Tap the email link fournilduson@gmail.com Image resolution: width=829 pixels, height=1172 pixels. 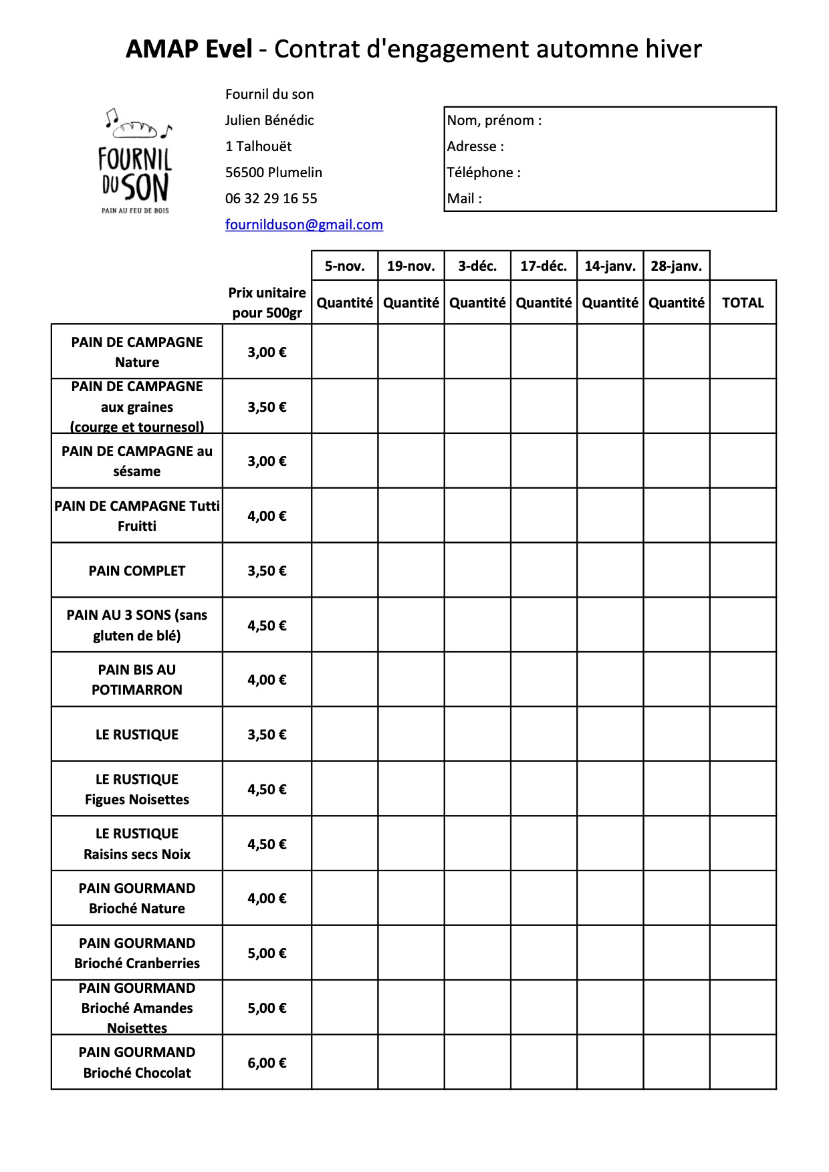pos(304,225)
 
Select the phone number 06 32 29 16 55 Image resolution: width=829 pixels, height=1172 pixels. pos(271,199)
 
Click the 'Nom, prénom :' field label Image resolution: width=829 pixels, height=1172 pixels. pos(494,120)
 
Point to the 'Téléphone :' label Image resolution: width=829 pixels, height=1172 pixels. pos(483,172)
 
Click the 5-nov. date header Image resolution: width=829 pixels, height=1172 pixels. pos(344,266)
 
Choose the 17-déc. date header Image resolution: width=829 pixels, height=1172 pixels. pos(544,266)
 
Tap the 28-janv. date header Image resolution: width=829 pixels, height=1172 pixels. pos(676,266)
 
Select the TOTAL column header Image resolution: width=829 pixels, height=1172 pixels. pos(743,303)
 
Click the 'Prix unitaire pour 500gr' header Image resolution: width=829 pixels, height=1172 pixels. pos(267,303)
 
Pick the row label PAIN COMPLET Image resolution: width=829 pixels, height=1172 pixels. pos(136,571)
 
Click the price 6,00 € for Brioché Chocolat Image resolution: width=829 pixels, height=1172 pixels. pos(267,1063)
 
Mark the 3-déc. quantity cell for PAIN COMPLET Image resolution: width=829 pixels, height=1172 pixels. pos(477,570)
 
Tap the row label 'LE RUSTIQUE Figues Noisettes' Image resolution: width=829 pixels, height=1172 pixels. pos(136,790)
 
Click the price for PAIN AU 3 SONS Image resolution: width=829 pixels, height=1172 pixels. pos(267,626)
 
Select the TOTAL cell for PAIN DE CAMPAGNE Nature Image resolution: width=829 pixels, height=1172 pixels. pos(743,352)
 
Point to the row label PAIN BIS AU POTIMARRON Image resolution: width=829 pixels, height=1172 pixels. pos(136,680)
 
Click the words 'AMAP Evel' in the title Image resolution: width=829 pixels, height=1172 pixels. pos(189,49)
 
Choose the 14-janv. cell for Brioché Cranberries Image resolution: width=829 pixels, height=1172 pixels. pos(610,953)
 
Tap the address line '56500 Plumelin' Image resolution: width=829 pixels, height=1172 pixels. pos(273,172)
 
